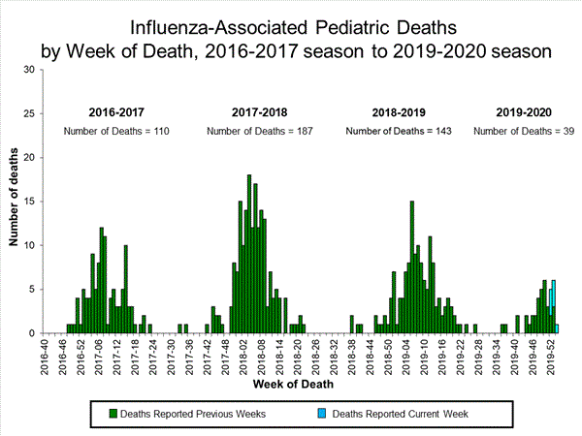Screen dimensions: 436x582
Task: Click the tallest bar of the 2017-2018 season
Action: click(249, 254)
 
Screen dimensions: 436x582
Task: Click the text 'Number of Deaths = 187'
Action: click(259, 131)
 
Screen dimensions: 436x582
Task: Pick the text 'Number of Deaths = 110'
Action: click(116, 131)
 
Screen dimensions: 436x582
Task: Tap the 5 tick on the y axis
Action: click(33, 290)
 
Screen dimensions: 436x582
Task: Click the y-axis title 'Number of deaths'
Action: click(15, 202)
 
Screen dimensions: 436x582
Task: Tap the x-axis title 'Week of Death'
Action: click(298, 386)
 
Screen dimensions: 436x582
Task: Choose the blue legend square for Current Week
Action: click(322, 414)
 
